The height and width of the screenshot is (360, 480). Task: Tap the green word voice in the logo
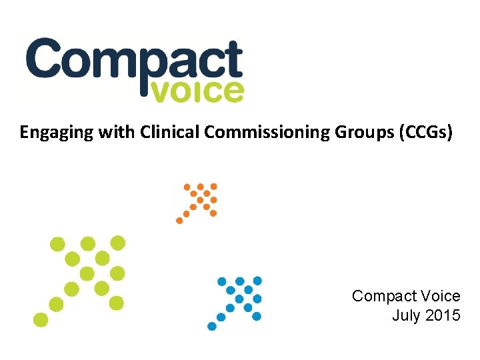pyautogui.click(x=198, y=92)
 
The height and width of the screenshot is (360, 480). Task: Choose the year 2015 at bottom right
pyautogui.click(x=441, y=315)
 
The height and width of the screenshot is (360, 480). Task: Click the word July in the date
pyautogui.click(x=405, y=315)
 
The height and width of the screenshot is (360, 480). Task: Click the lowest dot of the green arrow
pyautogui.click(x=41, y=319)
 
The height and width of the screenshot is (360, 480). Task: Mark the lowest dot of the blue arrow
pyautogui.click(x=212, y=327)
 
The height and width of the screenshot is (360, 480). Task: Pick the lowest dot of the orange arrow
pyautogui.click(x=179, y=221)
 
